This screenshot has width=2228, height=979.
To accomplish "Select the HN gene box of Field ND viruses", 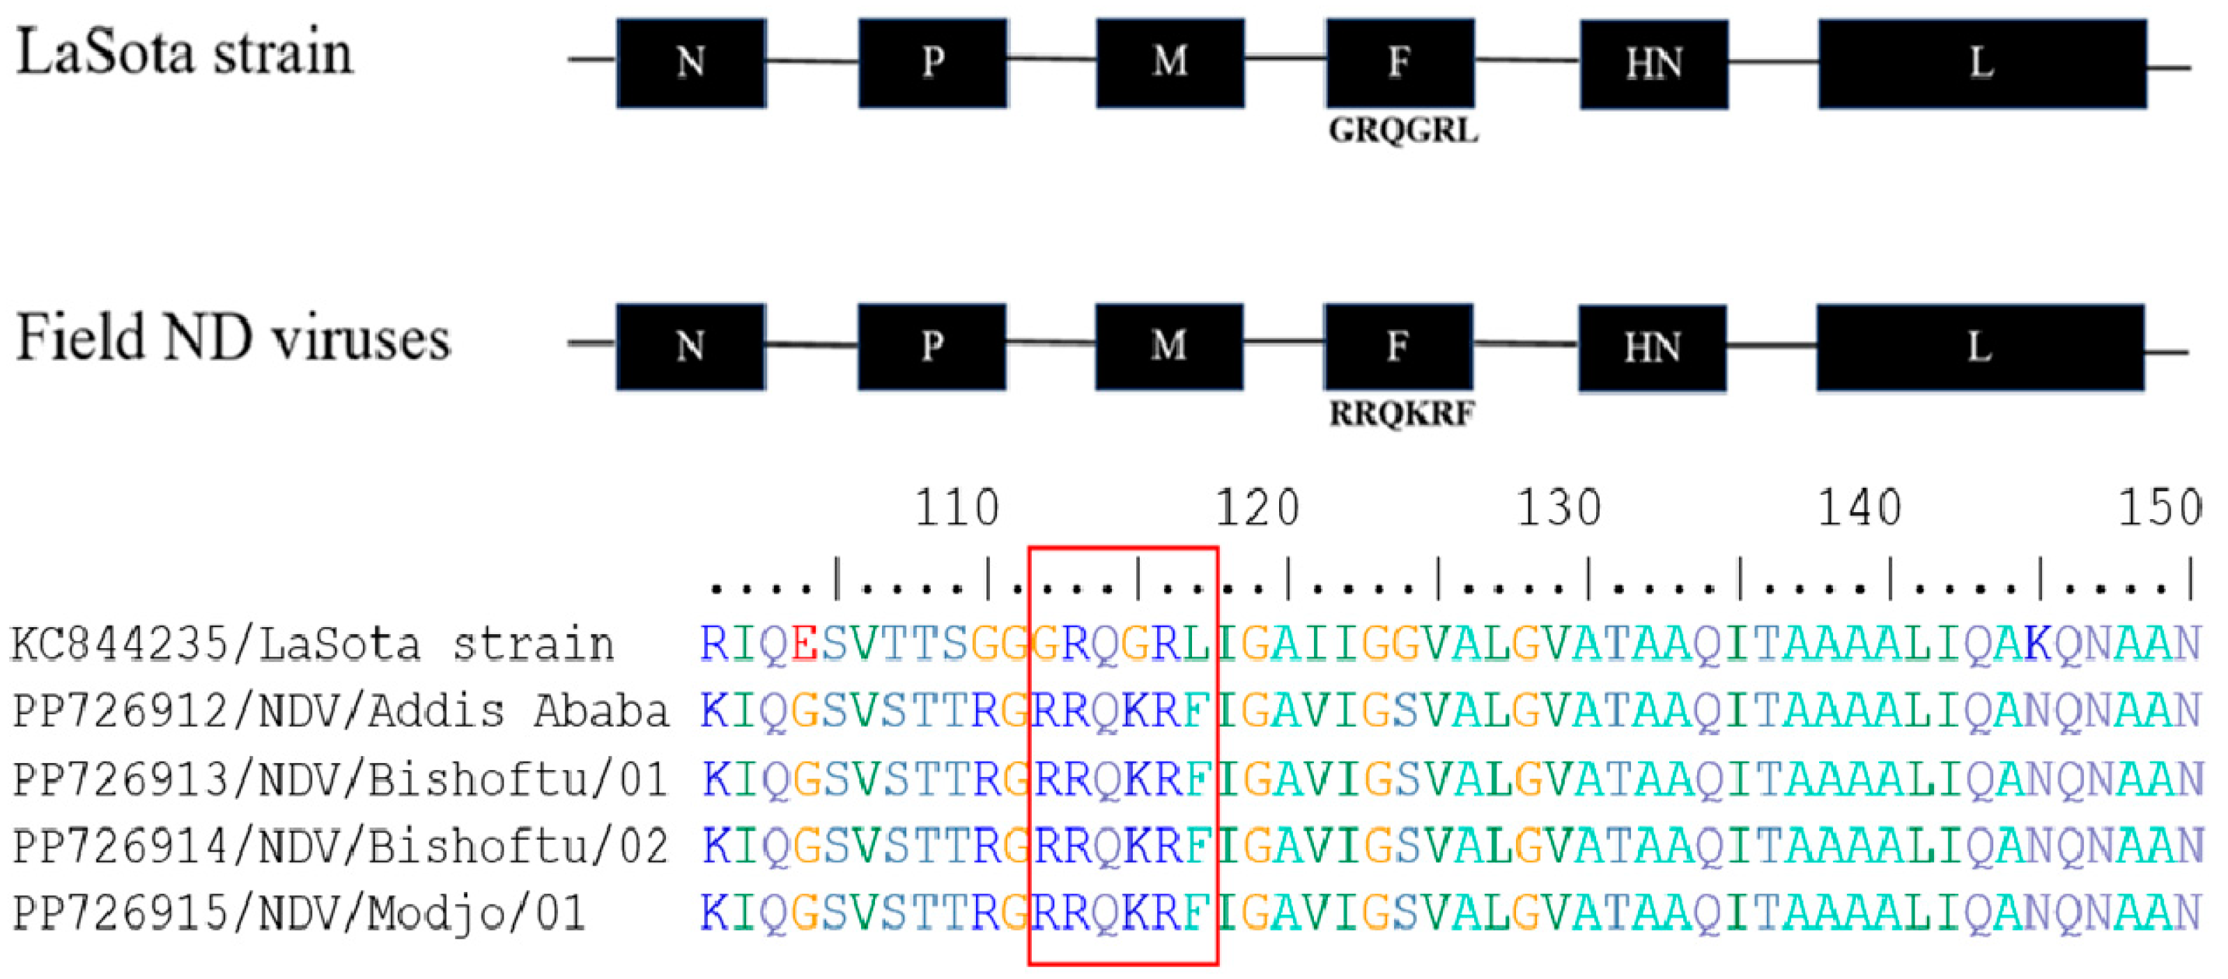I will click(x=1652, y=348).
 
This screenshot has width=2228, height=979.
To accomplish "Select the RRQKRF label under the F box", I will click(x=1401, y=415).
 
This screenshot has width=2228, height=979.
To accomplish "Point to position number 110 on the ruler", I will click(x=957, y=508).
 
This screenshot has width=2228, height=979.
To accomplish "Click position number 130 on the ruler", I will click(x=1558, y=508).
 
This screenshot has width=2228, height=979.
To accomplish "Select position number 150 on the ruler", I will click(x=2160, y=508).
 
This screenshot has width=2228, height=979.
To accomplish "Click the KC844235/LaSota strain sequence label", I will click(x=311, y=645).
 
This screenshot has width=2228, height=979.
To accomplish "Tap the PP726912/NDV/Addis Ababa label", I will click(x=340, y=711).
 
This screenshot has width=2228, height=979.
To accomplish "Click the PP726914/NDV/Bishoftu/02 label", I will click(x=340, y=847).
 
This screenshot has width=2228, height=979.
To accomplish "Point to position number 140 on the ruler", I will click(x=1859, y=508).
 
